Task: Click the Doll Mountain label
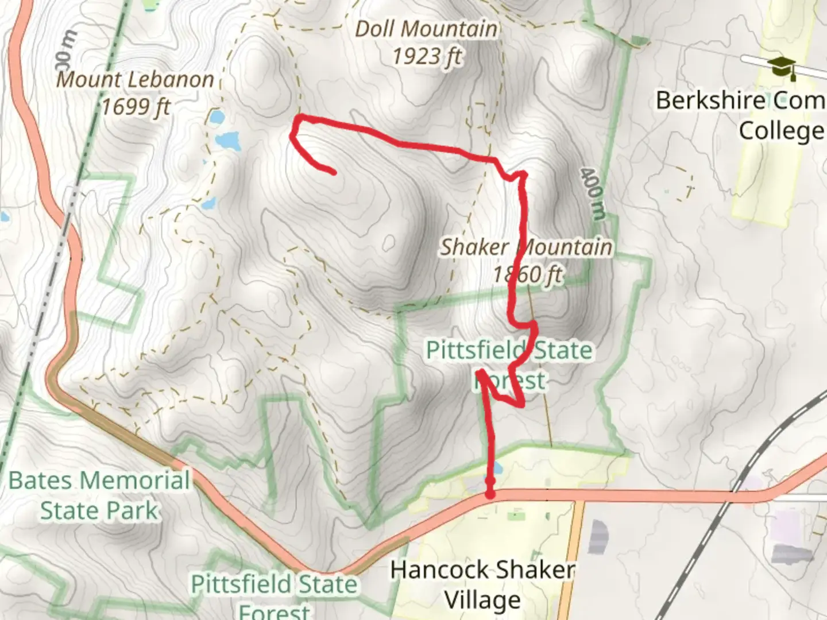[x=426, y=29]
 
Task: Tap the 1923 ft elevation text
[x=427, y=56]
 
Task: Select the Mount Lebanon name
[x=136, y=80]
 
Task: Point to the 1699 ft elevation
[x=136, y=107]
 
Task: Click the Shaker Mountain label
[x=525, y=247]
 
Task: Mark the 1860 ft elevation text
[x=528, y=275]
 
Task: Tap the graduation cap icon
[x=783, y=67]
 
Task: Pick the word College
[x=781, y=131]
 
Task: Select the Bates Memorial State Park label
[x=99, y=495]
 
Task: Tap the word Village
[x=482, y=600]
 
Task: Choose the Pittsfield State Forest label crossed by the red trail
[x=509, y=365]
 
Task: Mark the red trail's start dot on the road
[x=490, y=494]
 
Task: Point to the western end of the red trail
[x=333, y=172]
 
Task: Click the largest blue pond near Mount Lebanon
[x=227, y=141]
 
